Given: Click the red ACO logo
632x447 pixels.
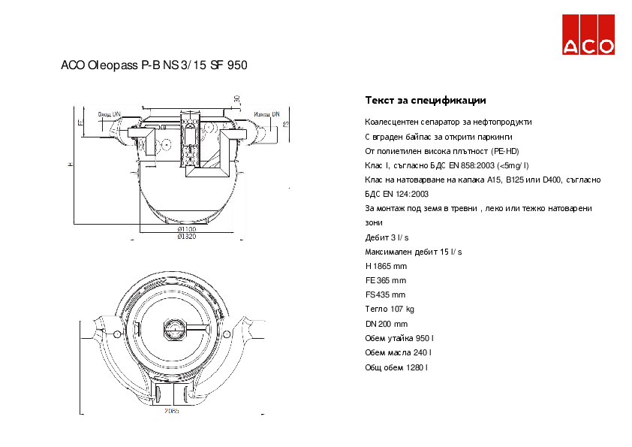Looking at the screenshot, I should (x=589, y=35).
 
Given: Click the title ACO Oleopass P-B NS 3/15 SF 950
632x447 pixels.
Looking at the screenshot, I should (x=154, y=65).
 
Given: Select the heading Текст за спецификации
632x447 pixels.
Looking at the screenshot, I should (x=425, y=100).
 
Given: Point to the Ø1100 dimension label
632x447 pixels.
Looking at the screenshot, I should (x=186, y=228).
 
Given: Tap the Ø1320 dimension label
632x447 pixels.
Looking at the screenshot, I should (x=186, y=237).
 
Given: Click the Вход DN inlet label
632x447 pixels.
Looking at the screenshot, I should (x=109, y=114).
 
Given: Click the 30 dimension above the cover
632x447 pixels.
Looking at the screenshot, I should (x=236, y=98).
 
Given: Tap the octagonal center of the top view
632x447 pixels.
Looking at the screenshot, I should (x=174, y=328).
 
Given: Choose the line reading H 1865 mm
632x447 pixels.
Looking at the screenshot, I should (x=386, y=266).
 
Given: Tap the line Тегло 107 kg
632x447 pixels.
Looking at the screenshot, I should (x=390, y=309).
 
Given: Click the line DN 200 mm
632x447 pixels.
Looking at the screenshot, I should (x=386, y=323).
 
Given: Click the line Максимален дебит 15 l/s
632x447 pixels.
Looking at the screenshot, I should (x=413, y=252).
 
